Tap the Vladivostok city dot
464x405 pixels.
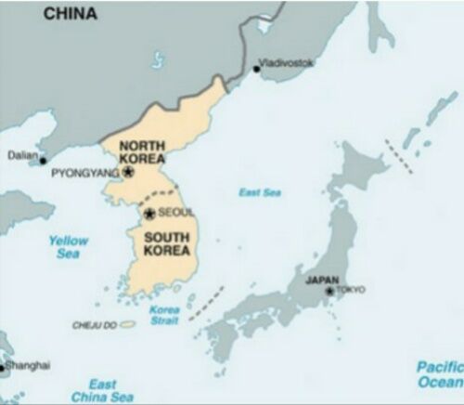pyautogui.click(x=256, y=68)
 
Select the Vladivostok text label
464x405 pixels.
pyautogui.click(x=288, y=62)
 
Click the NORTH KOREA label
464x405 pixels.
pyautogui.click(x=142, y=152)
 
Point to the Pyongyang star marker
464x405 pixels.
pyautogui.click(x=128, y=172)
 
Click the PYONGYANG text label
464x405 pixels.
pyautogui.click(x=85, y=173)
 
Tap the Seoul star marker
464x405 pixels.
pyautogui.click(x=149, y=214)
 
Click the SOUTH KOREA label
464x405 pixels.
pyautogui.click(x=168, y=242)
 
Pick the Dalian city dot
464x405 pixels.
pyautogui.click(x=44, y=161)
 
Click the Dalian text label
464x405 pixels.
pyautogui.click(x=22, y=155)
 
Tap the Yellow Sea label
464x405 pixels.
pyautogui.click(x=68, y=246)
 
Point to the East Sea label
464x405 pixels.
pyautogui.click(x=259, y=192)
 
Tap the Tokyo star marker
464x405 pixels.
pyautogui.click(x=329, y=291)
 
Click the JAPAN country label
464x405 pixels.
pyautogui.click(x=322, y=280)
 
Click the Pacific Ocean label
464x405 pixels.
pyautogui.click(x=439, y=373)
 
